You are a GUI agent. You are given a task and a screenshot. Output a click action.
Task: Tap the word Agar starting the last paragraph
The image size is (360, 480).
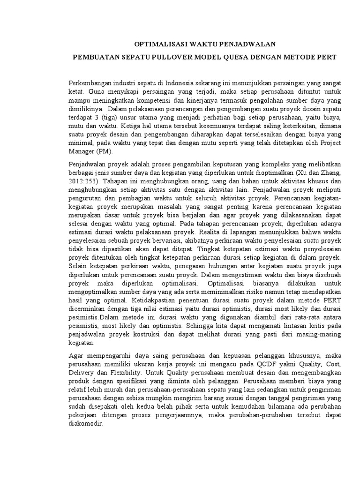75,356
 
